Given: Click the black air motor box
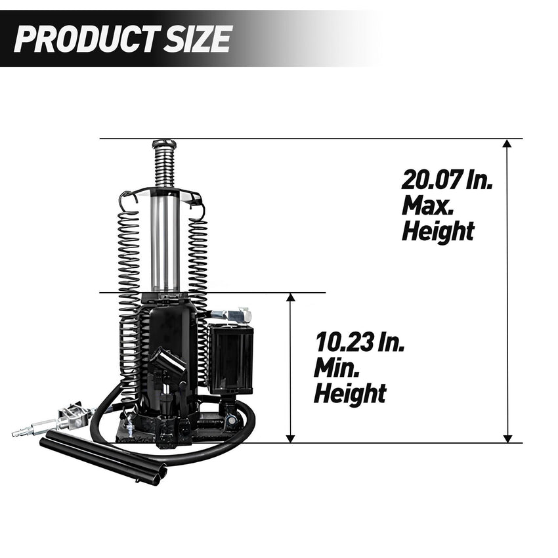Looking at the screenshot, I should coord(230,358).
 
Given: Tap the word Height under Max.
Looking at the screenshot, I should coord(438,231).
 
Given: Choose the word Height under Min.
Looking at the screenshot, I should coord(350,394).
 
